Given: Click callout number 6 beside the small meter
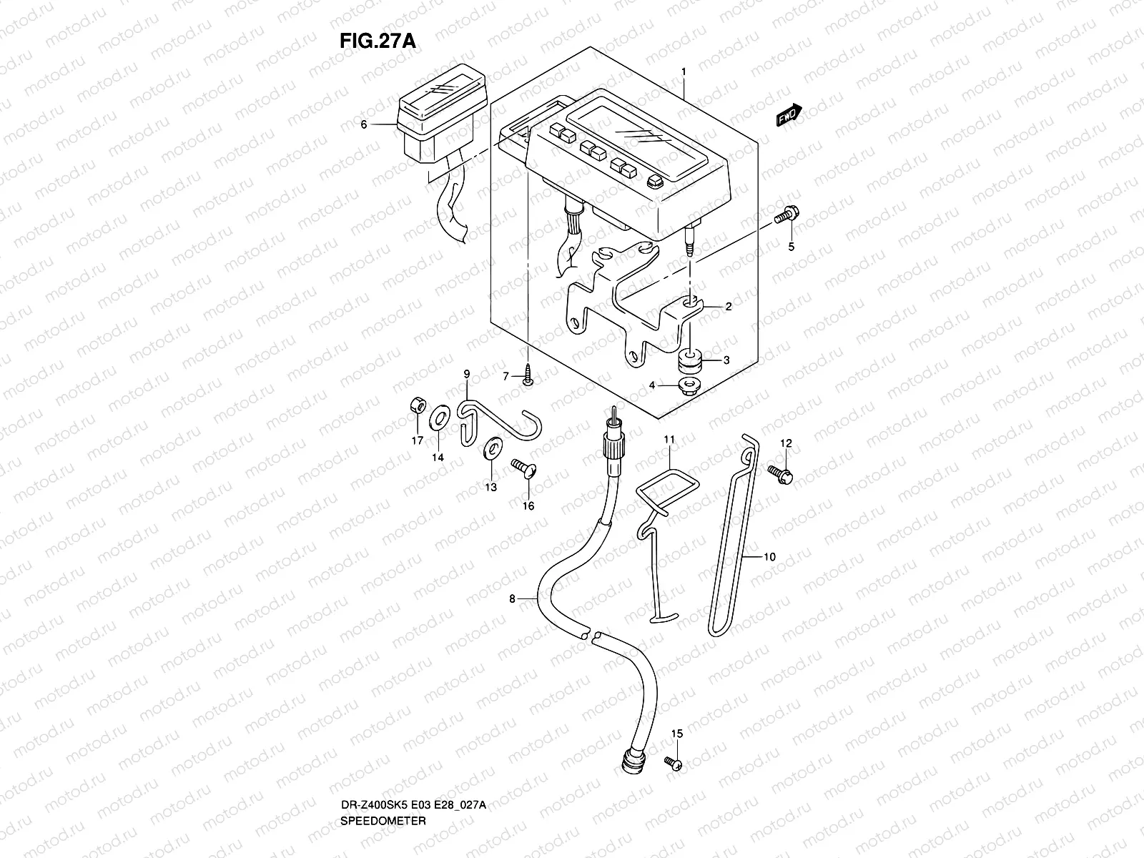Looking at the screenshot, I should [383, 124].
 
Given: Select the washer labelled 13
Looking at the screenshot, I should [492, 448].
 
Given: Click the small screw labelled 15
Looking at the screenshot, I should [674, 764].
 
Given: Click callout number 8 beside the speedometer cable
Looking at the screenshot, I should [512, 599].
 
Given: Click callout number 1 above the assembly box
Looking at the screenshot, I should [684, 71].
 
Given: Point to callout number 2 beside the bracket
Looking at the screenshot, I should [729, 306].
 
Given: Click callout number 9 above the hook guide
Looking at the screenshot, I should [466, 373].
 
